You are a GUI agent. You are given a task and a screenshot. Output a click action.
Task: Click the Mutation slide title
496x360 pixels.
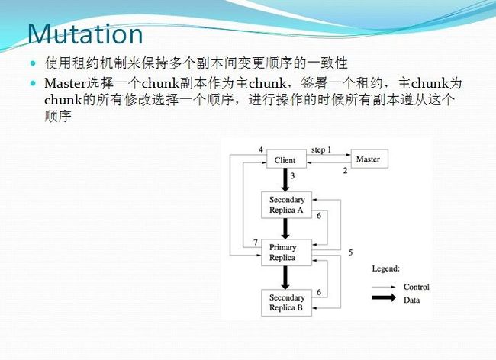85,34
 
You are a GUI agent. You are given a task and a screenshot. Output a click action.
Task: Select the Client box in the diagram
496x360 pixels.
286,159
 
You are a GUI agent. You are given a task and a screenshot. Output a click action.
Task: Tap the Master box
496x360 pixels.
369,159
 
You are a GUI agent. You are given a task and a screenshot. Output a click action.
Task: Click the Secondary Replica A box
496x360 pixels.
287,205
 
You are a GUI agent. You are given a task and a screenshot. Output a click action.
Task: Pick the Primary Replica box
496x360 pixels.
287,252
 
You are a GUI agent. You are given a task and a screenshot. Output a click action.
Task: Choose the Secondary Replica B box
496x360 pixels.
287,303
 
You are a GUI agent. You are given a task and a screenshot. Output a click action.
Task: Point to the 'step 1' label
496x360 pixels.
321,149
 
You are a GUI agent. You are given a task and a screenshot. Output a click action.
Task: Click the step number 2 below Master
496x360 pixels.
345,171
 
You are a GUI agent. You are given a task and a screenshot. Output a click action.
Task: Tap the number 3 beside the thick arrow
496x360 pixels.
292,176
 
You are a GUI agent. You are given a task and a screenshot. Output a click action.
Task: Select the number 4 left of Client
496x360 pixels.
261,149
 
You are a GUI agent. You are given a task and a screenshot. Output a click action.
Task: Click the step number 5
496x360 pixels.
350,252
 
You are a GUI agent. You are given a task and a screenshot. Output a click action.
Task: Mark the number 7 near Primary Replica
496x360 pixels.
256,243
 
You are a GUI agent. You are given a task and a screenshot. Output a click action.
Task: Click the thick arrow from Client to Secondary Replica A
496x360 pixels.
285,180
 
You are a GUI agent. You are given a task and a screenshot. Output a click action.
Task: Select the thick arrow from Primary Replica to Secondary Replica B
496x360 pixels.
285,278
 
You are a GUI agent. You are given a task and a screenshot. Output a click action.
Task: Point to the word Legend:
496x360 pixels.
386,269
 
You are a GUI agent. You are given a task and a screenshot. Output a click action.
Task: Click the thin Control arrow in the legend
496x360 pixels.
384,287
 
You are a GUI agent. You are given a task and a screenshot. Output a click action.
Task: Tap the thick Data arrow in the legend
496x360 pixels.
384,297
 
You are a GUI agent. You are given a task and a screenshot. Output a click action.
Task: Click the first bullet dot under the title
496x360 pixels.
33,63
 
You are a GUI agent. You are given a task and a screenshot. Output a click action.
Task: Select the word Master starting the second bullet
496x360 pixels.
66,83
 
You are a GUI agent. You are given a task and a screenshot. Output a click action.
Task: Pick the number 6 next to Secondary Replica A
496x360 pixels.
319,216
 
